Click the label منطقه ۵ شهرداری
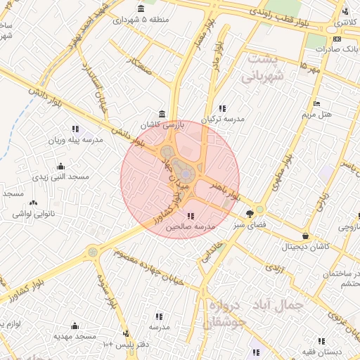pyautogui.click(x=141, y=20)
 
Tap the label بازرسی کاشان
pyautogui.click(x=162, y=124)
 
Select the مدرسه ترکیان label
pyautogui.click(x=223, y=119)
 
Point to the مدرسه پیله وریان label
pyautogui.click(x=75, y=140)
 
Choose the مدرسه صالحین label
pyautogui.click(x=190, y=227)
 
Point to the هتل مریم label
pyautogui.click(x=316, y=114)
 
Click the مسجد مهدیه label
pyautogui.click(x=75, y=337)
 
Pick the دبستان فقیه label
pyautogui.click(x=321, y=351)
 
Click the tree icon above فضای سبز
pyautogui.click(x=250, y=214)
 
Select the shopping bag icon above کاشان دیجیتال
pyautogui.click(x=305, y=236)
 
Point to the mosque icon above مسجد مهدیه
pyautogui.click(x=75, y=326)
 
